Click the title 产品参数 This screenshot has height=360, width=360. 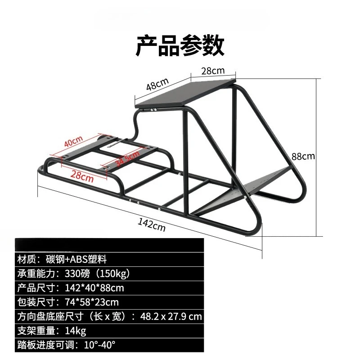[x=180, y=45]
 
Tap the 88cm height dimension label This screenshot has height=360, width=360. [x=303, y=156]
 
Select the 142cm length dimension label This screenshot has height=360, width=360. [x=152, y=225]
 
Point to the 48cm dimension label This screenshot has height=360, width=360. [x=157, y=84]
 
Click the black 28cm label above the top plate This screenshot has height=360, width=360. [x=213, y=71]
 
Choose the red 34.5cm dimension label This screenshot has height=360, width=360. [x=127, y=158]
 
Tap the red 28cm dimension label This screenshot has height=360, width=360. [x=82, y=176]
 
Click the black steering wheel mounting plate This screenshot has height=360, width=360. [x=185, y=94]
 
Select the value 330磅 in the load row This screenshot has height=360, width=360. [x=77, y=274]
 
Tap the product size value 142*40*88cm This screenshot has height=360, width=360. [x=94, y=288]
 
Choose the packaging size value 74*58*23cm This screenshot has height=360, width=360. [x=92, y=302]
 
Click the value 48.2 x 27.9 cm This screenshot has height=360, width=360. [x=171, y=317]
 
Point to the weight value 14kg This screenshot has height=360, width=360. [x=76, y=331]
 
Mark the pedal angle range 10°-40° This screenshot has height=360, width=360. [x=99, y=345]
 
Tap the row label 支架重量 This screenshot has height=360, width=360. [x=36, y=331]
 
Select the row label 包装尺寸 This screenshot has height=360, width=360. [x=36, y=302]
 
